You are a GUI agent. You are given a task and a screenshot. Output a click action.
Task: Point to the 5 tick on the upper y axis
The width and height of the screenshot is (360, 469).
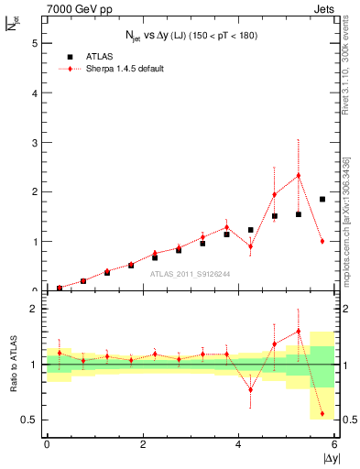coord(36,43)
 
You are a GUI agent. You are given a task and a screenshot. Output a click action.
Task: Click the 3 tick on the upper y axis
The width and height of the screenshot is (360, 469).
coord(36,143)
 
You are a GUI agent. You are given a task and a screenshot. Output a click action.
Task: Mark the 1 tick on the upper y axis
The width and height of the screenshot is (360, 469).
coord(36,242)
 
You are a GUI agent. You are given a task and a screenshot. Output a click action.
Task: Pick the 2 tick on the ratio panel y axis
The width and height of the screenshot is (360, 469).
coord(36,309)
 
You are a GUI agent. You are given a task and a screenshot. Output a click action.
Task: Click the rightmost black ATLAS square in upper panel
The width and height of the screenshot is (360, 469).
coord(322,199)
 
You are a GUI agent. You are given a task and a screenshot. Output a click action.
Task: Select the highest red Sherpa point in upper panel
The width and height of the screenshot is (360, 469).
coord(298,175)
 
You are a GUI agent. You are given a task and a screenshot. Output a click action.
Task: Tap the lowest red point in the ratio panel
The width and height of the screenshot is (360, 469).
coord(322,414)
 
